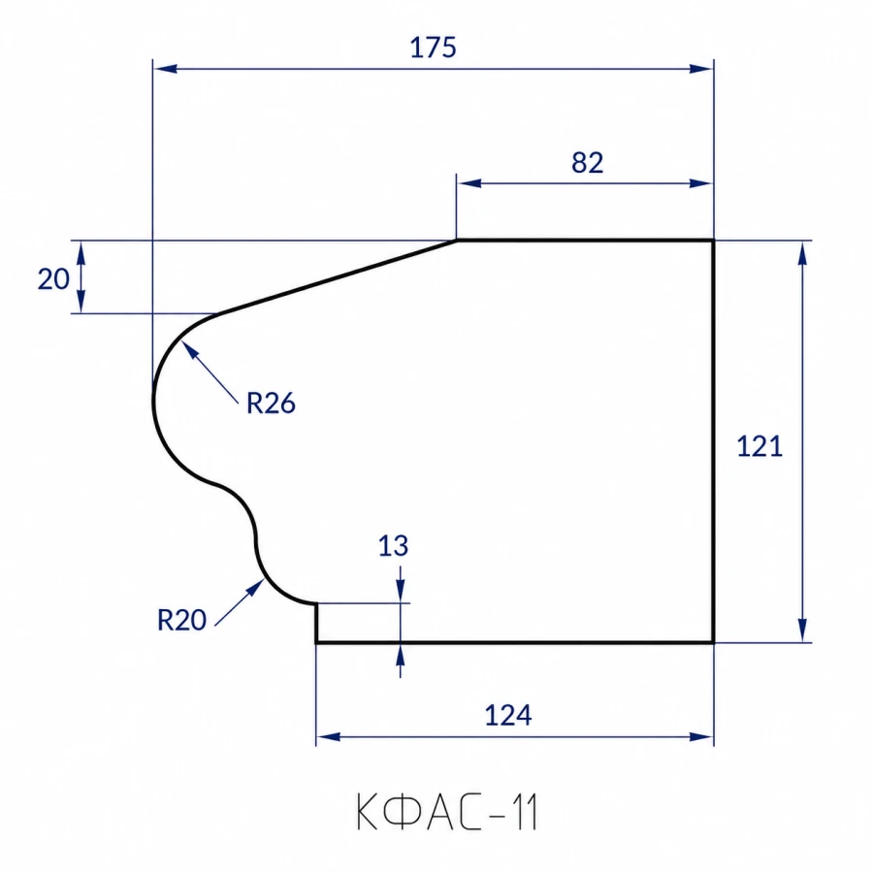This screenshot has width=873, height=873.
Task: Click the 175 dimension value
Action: click(x=434, y=48)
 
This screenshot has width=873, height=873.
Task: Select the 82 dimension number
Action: click(x=588, y=163)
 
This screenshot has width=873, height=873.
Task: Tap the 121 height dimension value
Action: click(x=760, y=446)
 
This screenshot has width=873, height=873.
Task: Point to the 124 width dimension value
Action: click(x=507, y=716)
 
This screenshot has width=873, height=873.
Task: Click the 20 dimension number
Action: click(x=53, y=279)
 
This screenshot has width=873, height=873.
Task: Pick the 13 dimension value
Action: click(x=393, y=546)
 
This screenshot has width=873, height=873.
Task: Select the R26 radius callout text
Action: click(x=271, y=404)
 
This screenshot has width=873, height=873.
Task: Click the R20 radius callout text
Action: click(x=182, y=620)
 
